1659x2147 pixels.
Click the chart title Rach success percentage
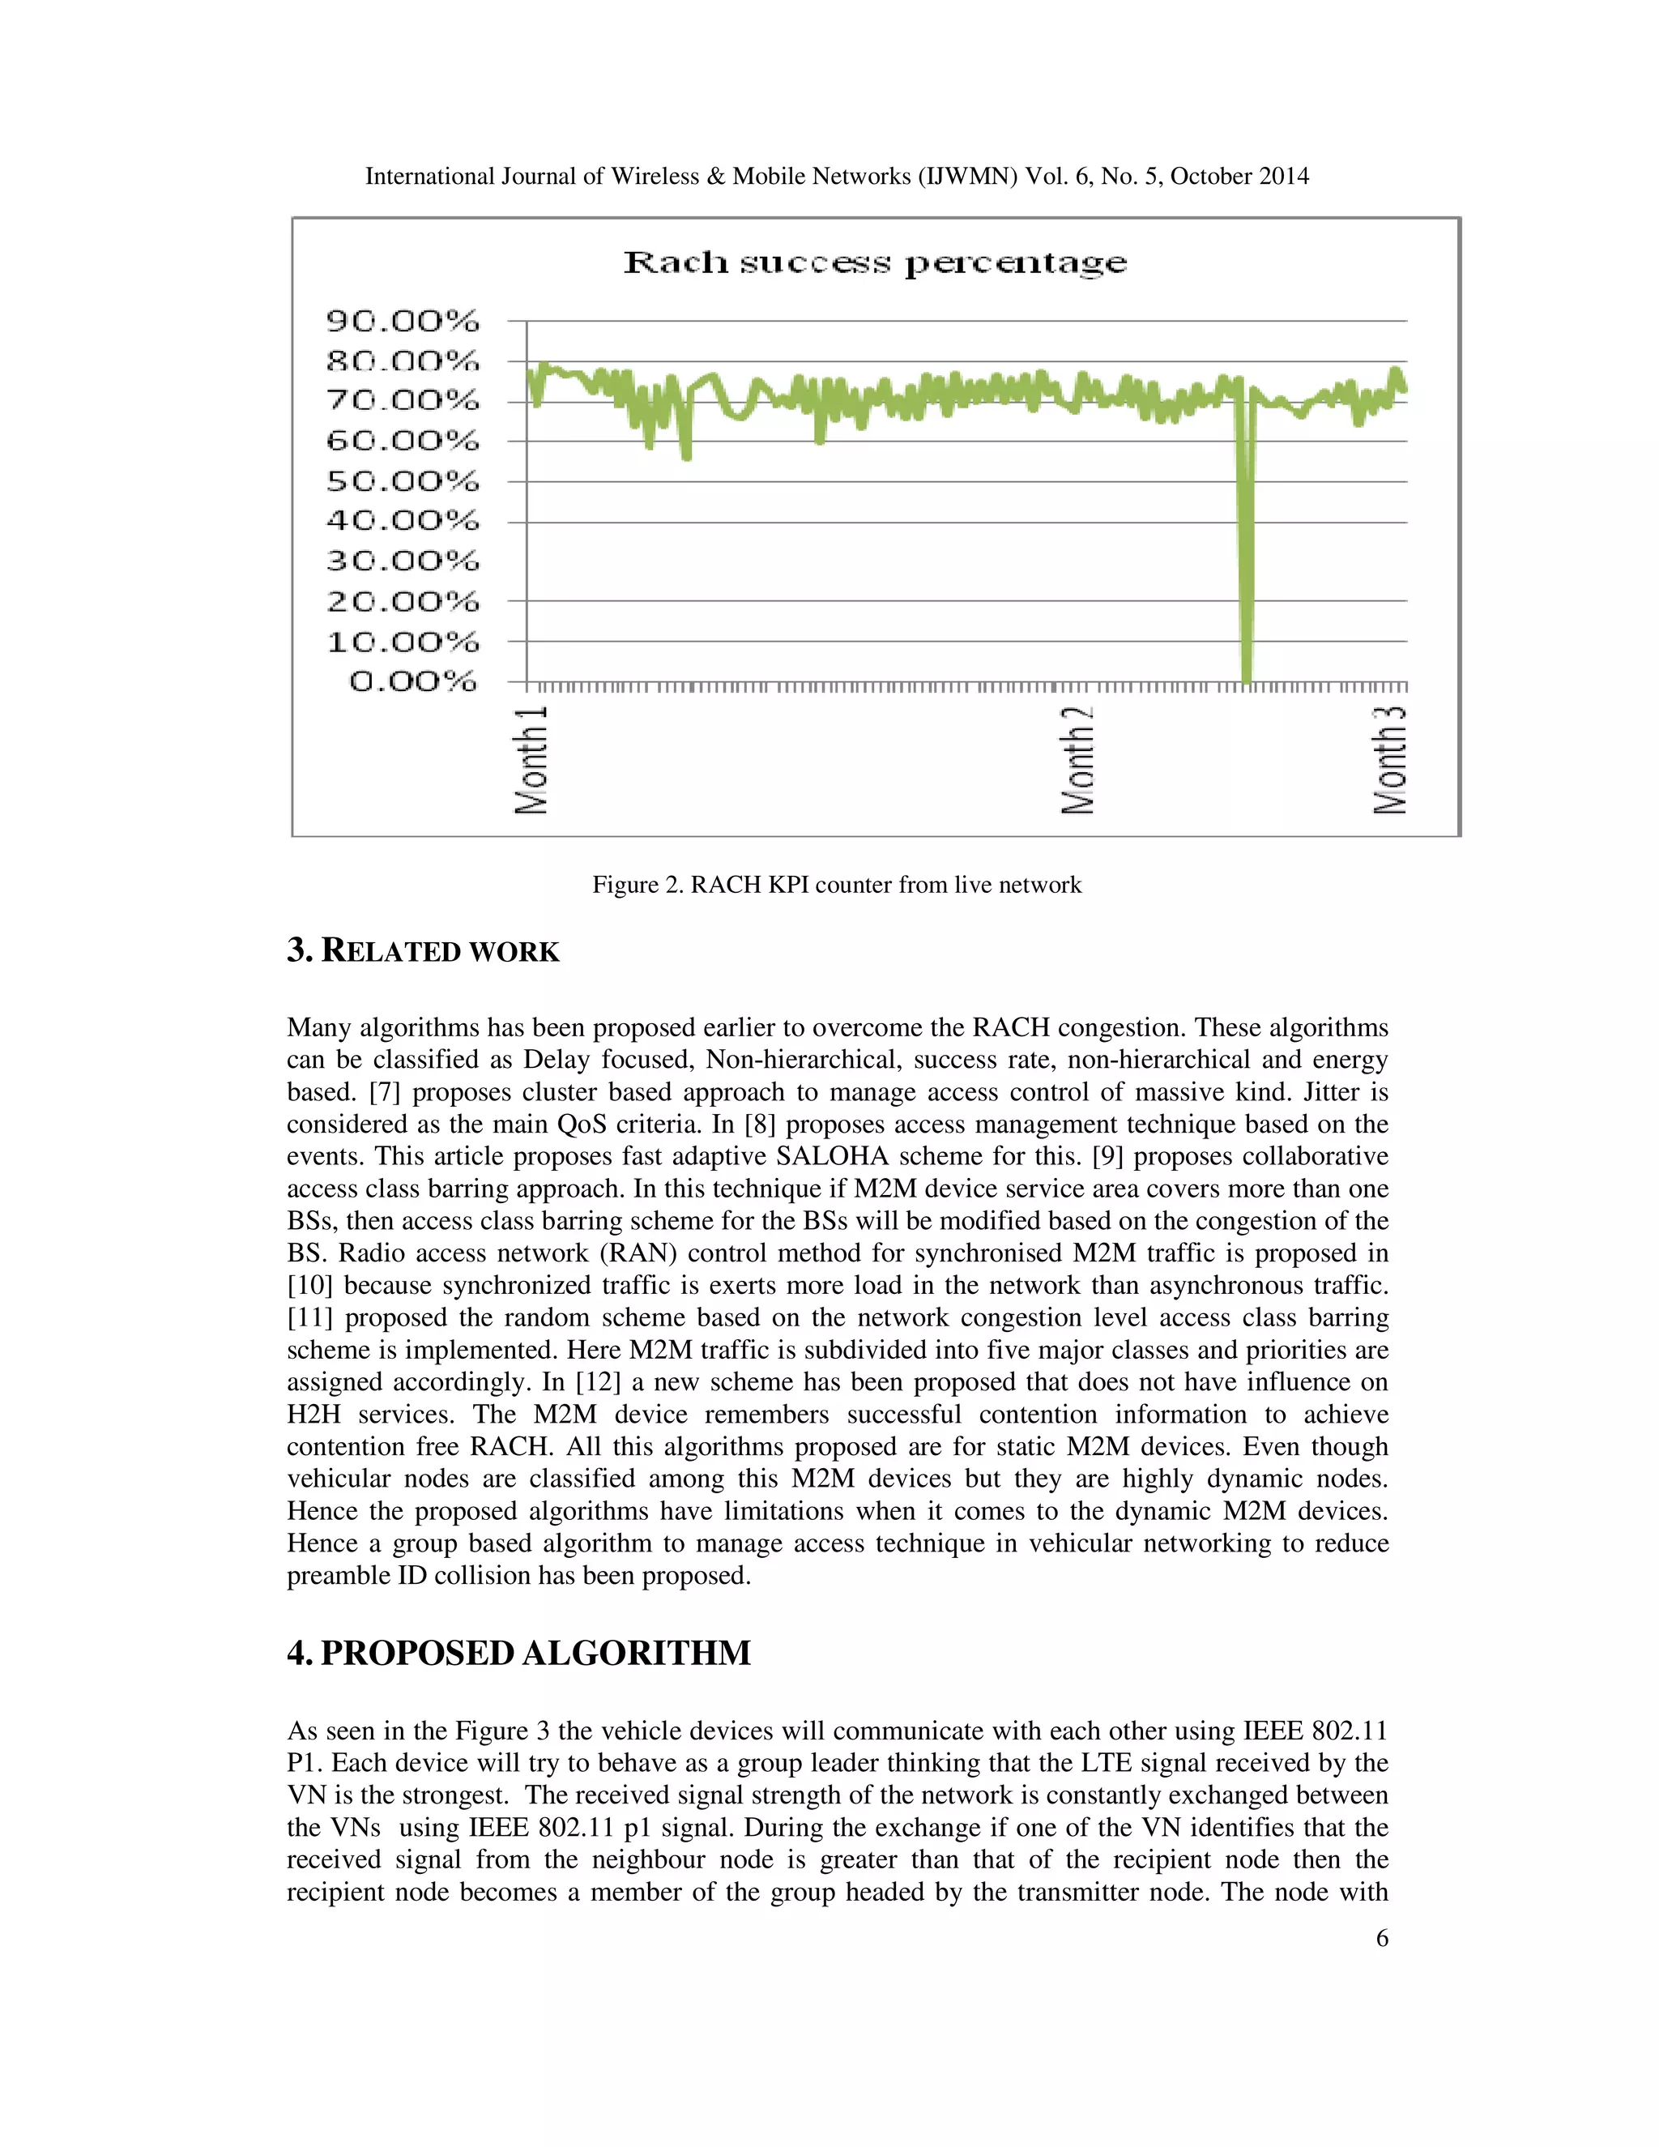pos(875,263)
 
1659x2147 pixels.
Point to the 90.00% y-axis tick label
pos(403,321)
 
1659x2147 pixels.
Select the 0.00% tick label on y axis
pos(413,681)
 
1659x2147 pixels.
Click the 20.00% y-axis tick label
pos(403,600)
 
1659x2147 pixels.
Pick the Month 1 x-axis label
pos(531,758)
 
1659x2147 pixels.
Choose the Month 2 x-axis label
pos(1078,758)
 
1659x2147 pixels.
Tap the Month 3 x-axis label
pos(1390,758)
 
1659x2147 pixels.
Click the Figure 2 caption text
pos(836,885)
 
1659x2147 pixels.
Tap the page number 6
pos(1382,1938)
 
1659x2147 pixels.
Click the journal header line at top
pos(836,176)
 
